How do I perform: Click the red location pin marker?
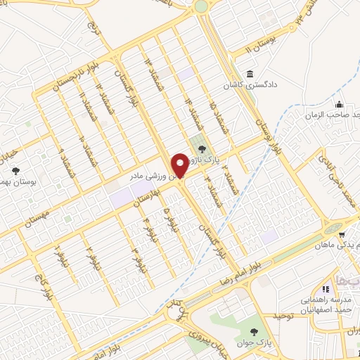(x=181, y=166)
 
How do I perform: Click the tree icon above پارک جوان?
(x=253, y=330)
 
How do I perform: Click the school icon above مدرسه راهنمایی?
(x=326, y=289)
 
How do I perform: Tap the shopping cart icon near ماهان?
(x=341, y=235)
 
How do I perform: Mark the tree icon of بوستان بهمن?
(x=16, y=171)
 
